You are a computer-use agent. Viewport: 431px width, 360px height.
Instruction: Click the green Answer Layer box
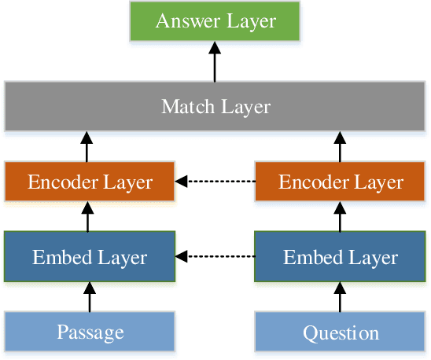(x=215, y=21)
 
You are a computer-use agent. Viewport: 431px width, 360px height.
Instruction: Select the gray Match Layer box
(x=215, y=106)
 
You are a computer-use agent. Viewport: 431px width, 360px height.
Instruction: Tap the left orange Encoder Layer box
(x=89, y=182)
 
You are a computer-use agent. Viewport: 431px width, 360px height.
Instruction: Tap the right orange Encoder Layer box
(x=341, y=182)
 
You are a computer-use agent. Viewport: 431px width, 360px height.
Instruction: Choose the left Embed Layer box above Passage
(x=89, y=256)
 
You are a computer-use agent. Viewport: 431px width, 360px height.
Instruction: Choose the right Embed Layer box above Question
(x=341, y=256)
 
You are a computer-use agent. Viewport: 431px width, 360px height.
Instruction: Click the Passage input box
(x=89, y=331)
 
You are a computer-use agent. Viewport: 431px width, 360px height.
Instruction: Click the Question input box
(x=341, y=331)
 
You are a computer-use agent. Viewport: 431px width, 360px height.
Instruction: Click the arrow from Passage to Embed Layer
(x=89, y=296)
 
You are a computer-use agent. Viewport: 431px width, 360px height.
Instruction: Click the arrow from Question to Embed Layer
(x=341, y=296)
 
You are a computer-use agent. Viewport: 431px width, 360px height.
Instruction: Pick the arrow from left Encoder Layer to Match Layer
(x=89, y=146)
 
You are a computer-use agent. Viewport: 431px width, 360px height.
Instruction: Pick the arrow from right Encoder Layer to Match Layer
(x=341, y=146)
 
